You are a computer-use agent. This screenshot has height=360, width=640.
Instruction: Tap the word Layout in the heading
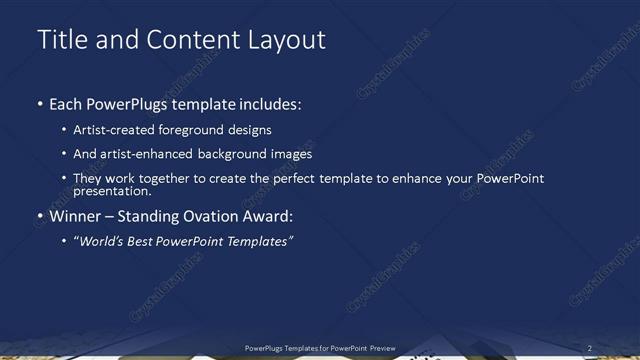(x=289, y=40)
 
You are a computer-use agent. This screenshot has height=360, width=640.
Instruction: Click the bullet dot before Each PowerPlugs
(x=40, y=104)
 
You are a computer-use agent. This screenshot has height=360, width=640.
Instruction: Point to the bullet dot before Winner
(x=40, y=215)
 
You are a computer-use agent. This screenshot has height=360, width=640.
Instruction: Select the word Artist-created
(x=111, y=130)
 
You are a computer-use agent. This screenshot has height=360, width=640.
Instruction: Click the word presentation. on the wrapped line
(x=112, y=191)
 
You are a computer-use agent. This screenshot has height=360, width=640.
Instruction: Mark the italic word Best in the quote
(x=145, y=241)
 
